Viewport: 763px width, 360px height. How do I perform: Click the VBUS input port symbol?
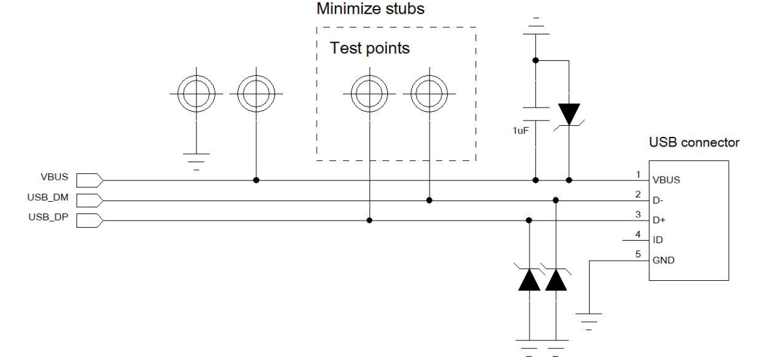[x=89, y=180]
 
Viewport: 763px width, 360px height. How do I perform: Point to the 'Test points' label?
[x=370, y=49]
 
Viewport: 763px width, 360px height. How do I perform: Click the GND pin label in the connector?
[x=664, y=259]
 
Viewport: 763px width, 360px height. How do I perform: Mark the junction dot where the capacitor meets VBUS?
[x=535, y=180]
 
